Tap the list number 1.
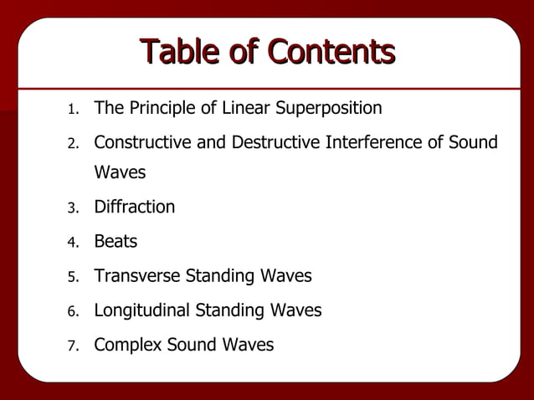[x=73, y=110]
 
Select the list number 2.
[x=73, y=144]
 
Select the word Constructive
[x=142, y=143]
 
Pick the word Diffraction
[x=134, y=207]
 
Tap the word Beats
[x=116, y=242]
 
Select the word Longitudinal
[x=142, y=310]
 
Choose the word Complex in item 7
[x=127, y=345]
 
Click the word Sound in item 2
[x=473, y=143]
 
